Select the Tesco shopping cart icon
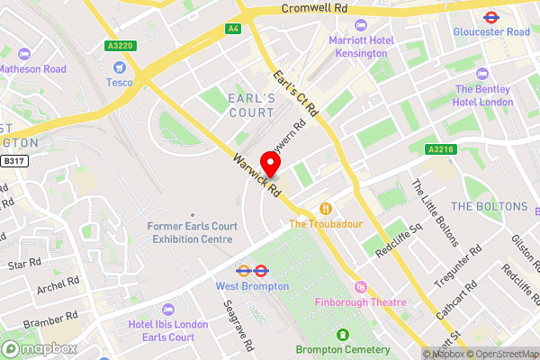pyautogui.click(x=118, y=67)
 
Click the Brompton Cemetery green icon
pyautogui.click(x=342, y=334)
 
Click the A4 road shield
pyautogui.click(x=233, y=29)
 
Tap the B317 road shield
pyautogui.click(x=12, y=161)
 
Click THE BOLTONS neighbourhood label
pyautogui.click(x=489, y=206)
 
